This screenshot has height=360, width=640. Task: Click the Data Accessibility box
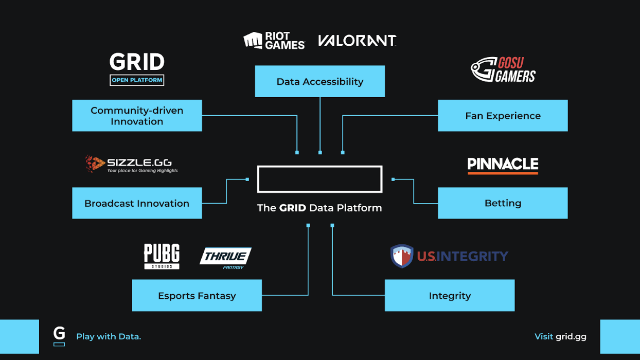point(319,81)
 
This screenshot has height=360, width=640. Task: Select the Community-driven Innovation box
point(137,116)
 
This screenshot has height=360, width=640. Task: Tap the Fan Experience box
point(503,116)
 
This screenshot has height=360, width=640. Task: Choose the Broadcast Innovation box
point(137,203)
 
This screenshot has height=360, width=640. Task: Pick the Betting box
point(503,203)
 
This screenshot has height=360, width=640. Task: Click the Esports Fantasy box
point(197,296)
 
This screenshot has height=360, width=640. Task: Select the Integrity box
point(450,296)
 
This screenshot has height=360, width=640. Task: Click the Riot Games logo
point(274,41)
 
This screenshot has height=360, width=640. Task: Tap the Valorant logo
point(357,41)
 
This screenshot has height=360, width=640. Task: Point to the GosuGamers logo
point(503,70)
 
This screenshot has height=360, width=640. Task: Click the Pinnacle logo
point(503,165)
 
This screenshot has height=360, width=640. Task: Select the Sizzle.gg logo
point(132,164)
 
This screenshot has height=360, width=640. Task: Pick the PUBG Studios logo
point(162,256)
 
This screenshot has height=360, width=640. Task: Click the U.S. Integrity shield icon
point(402,256)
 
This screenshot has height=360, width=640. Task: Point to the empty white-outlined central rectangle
point(319,179)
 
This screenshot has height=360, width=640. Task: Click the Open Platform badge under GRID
point(137,80)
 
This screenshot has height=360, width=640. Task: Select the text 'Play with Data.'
point(109,336)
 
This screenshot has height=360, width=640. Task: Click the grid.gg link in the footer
point(571,336)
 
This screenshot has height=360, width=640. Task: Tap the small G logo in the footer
point(59,335)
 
